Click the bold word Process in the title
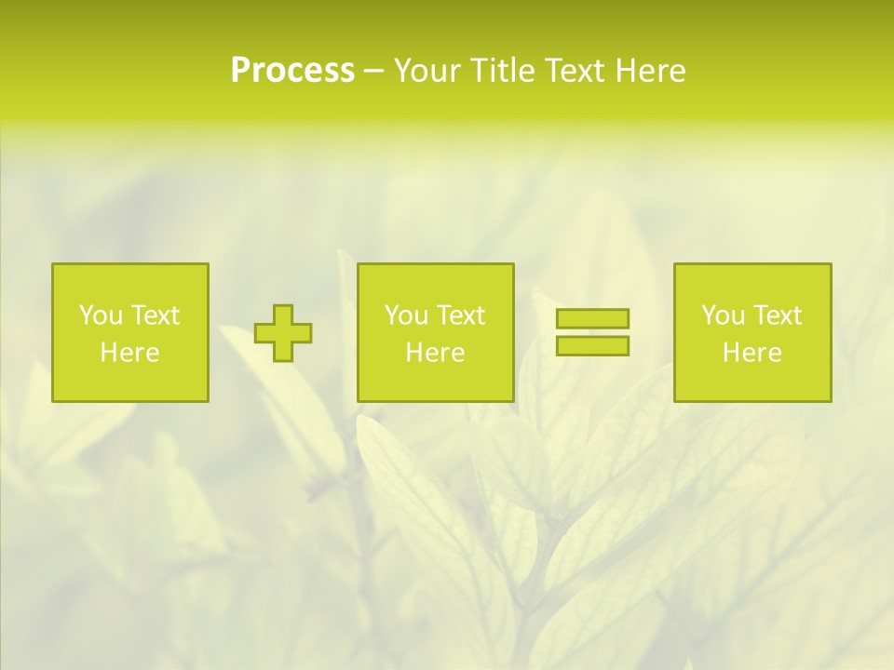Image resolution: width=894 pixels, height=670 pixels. point(292,71)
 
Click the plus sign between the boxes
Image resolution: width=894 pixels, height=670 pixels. point(283,333)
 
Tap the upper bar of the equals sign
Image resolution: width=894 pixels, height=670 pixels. point(592,318)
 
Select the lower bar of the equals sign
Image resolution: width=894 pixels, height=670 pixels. point(592,345)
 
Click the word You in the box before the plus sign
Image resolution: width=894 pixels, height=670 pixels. point(100,315)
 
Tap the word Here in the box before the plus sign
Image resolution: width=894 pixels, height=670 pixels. point(129,353)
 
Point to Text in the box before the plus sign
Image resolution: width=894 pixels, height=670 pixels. point(154,315)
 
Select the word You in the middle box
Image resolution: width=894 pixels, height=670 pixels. point(405,315)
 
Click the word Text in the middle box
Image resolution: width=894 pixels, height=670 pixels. point(459,315)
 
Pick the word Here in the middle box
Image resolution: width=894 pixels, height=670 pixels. point(435,353)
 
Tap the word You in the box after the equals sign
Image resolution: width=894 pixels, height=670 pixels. point(722,315)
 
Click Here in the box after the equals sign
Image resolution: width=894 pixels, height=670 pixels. point(752,353)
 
